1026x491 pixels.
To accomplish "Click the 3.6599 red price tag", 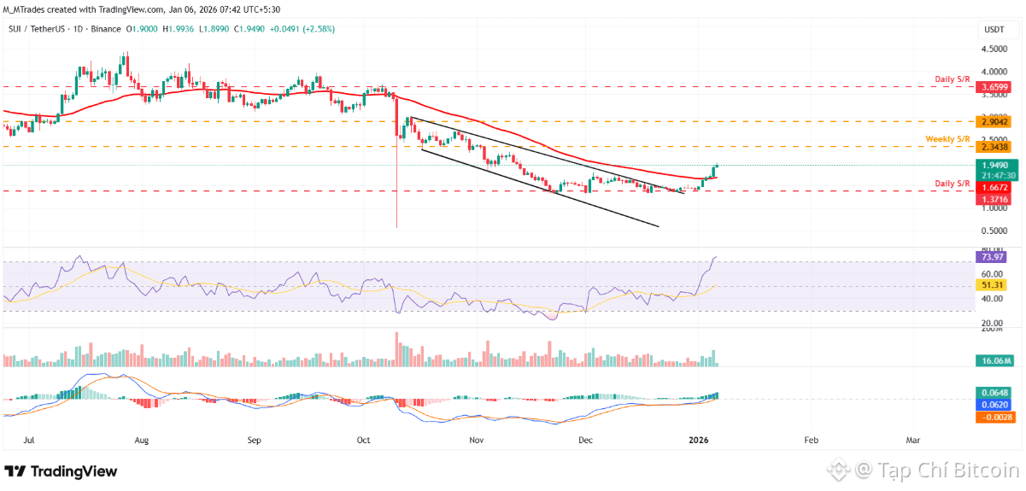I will (994, 87).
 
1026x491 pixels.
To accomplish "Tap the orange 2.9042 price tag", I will (994, 122).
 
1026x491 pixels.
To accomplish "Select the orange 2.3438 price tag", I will (994, 147).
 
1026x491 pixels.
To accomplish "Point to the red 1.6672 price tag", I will (994, 186).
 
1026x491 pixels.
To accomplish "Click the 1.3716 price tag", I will (994, 198).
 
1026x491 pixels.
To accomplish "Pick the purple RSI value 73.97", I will (992, 256).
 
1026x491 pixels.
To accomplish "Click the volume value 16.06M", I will (995, 362).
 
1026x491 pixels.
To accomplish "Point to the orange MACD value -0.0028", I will (994, 417).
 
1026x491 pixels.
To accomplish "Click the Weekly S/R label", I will (948, 138).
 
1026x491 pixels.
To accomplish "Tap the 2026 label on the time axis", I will (699, 441).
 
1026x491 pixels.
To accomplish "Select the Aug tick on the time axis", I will (142, 441).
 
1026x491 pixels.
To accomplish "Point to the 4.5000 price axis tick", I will (994, 50).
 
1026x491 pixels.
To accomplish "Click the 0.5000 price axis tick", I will (994, 231).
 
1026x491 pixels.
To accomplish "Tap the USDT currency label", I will (994, 29).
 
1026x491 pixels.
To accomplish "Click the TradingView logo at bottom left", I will (62, 471).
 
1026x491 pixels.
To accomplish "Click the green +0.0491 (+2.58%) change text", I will (304, 28).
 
